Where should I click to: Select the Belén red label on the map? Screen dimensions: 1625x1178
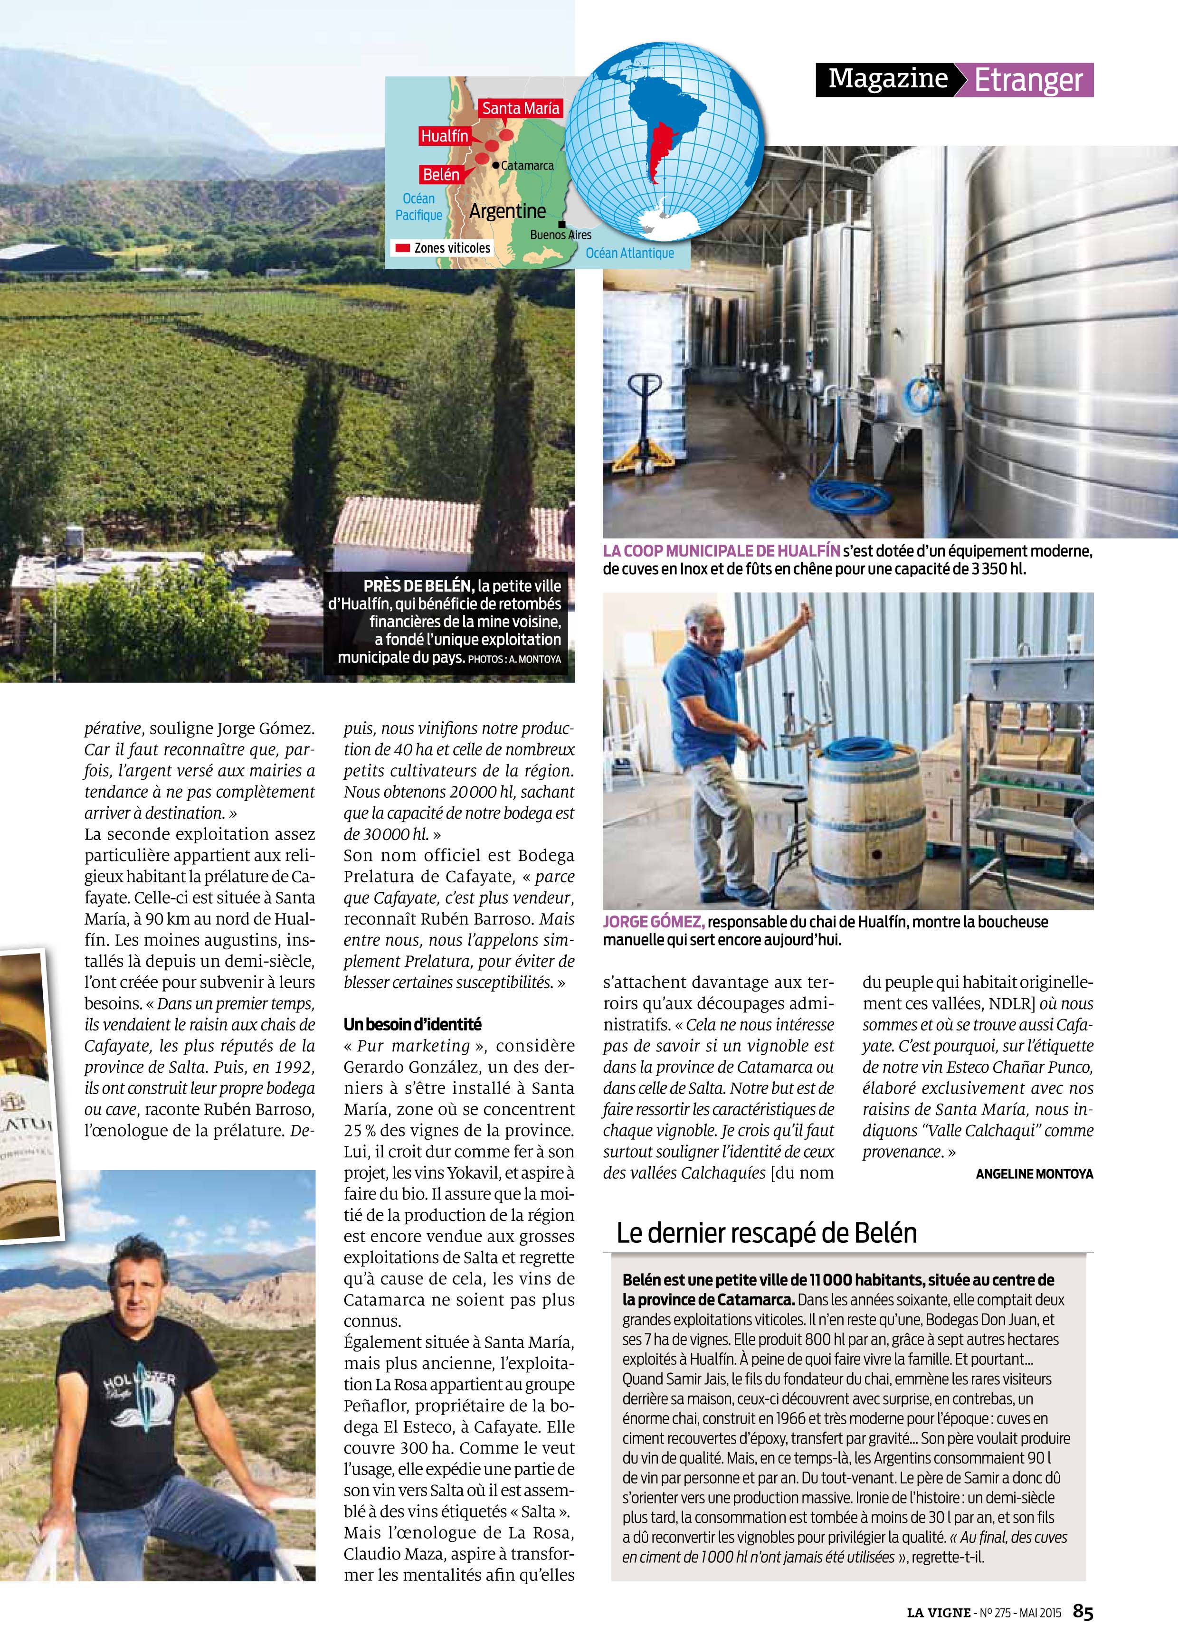click(x=441, y=174)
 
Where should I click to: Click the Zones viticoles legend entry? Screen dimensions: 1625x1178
click(x=443, y=248)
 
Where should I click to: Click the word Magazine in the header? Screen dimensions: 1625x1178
click(x=888, y=79)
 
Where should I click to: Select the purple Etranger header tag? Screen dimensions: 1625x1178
click(x=1027, y=80)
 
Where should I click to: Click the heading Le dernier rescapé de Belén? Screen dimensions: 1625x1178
click(x=766, y=1232)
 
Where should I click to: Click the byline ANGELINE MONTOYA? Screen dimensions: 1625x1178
click(x=1034, y=1173)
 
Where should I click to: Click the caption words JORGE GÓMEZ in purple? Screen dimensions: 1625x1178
click(x=654, y=922)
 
